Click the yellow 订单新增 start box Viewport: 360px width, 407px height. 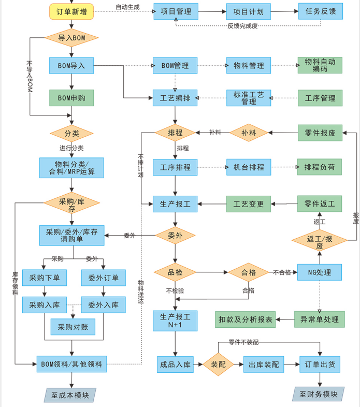pos(71,11)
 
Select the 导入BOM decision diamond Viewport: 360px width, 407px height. pos(71,38)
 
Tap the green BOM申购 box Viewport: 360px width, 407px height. pos(71,97)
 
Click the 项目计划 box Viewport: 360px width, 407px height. pos(248,11)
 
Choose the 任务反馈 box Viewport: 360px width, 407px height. pos(320,11)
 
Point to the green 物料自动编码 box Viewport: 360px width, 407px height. pos(320,65)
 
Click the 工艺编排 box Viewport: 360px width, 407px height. pos(176,98)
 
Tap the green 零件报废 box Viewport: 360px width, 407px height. pos(320,133)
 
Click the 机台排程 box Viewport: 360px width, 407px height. pos(248,167)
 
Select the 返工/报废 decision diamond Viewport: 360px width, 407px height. pos(320,241)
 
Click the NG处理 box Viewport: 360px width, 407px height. pos(320,272)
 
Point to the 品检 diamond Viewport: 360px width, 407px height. pos(175,272)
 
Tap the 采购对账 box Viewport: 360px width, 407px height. pos(73,327)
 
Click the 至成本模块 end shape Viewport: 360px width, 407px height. pos(70,396)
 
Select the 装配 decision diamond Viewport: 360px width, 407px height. pos(218,365)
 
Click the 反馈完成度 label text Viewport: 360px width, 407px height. pos(242,26)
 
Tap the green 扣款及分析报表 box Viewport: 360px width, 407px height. pos(246,319)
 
